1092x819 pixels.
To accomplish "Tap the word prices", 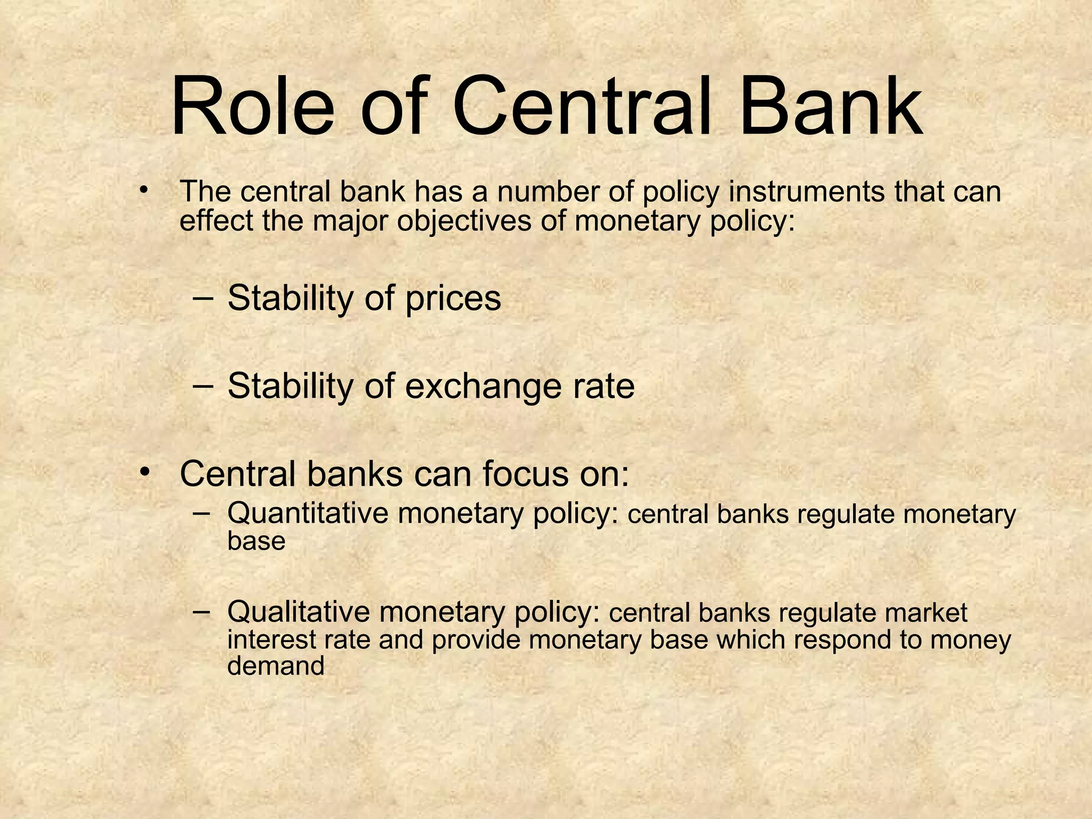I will coord(453,299).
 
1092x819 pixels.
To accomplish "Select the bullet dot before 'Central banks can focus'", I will coord(143,472).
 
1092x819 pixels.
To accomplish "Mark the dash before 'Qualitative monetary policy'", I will coord(202,612).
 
